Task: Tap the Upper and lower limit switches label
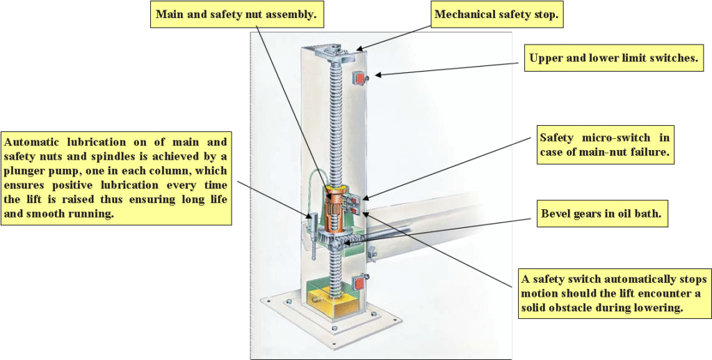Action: (x=613, y=58)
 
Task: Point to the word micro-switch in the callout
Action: (x=615, y=138)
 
